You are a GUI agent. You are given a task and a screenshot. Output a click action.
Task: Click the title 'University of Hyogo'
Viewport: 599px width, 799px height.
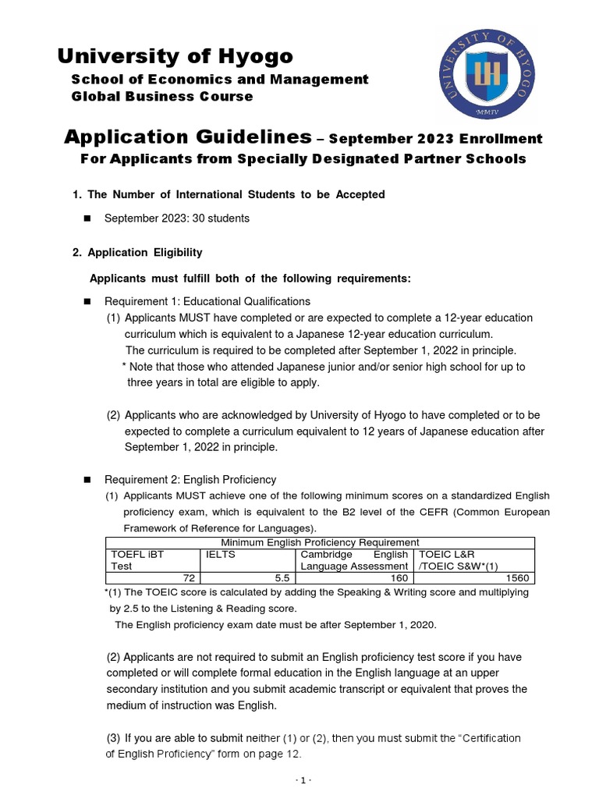coord(175,56)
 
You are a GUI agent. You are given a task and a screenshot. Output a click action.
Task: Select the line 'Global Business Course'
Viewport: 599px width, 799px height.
coord(162,96)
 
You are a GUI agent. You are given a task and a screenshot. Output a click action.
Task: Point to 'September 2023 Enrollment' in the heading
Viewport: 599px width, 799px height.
coord(435,139)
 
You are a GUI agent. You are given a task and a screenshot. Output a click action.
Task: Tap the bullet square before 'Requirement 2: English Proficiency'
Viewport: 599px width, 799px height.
coord(87,480)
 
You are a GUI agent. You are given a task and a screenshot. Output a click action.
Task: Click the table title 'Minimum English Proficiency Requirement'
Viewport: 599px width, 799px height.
coord(320,542)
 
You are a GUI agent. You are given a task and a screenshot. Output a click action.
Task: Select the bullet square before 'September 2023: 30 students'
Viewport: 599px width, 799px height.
coord(87,218)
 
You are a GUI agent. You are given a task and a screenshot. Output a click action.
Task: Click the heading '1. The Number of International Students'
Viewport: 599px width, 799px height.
coord(229,194)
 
